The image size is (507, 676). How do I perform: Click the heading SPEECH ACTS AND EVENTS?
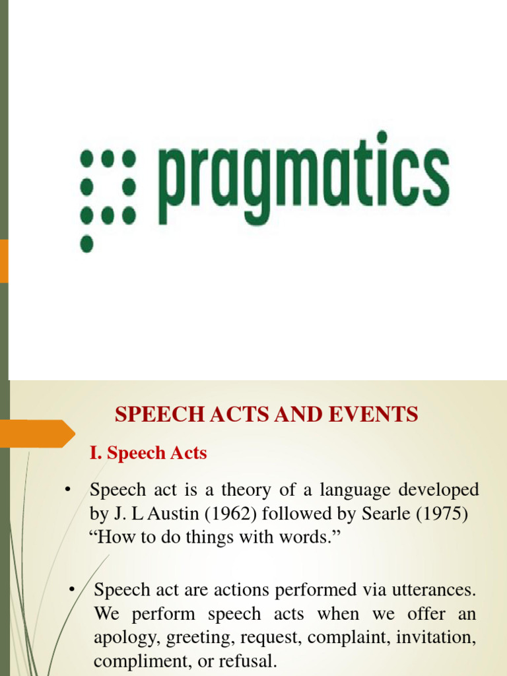266,415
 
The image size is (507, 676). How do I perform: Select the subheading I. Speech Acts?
148,454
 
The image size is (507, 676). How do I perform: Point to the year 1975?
444,514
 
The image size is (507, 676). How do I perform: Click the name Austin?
161,514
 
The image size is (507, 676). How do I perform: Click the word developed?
437,490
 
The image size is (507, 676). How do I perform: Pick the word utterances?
436,590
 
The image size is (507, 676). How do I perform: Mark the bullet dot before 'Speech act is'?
67,490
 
